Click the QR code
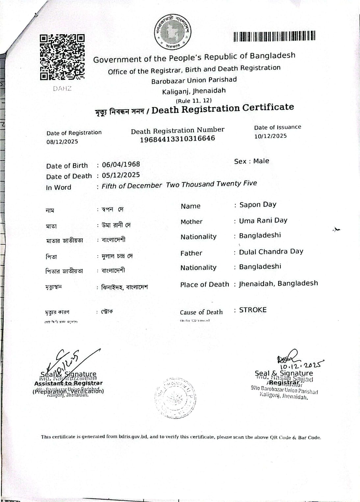(x=62, y=57)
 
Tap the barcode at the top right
(x=274, y=36)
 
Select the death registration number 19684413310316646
(x=177, y=139)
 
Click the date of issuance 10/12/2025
(x=270, y=136)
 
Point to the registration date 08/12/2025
(x=62, y=142)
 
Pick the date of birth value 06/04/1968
(x=121, y=164)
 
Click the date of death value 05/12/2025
(x=121, y=175)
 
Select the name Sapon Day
(x=258, y=205)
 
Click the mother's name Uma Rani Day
(x=263, y=220)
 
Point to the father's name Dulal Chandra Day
(x=271, y=252)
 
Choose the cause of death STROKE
(x=253, y=310)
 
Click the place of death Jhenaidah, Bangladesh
(x=278, y=284)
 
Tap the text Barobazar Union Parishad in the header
(x=194, y=80)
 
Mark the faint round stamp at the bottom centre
(x=175, y=398)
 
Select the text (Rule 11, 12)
(x=193, y=101)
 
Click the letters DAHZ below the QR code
(x=62, y=88)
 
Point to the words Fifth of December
(x=132, y=186)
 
